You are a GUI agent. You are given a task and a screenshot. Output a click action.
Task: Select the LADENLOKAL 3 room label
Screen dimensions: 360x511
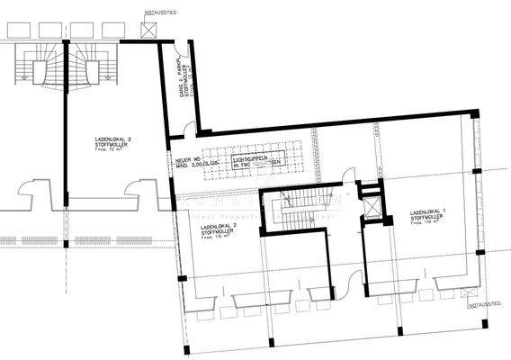tap(112, 139)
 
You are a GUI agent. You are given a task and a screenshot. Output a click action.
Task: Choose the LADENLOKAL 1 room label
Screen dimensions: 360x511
tap(427, 212)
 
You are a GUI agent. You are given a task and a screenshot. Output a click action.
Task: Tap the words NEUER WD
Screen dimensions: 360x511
tap(189, 158)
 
